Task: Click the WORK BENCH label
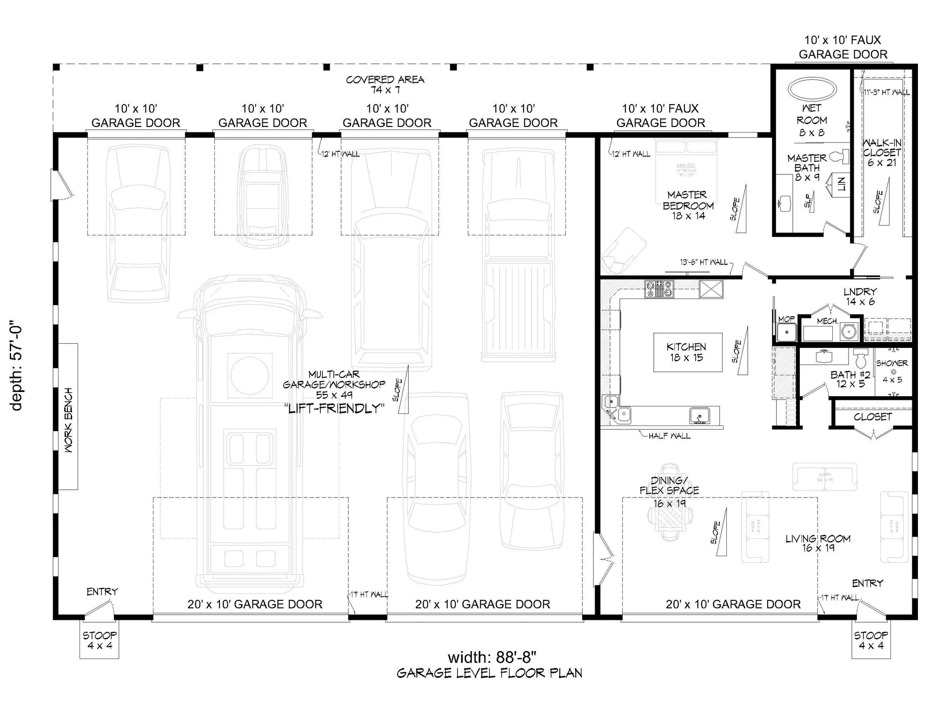pyautogui.click(x=68, y=420)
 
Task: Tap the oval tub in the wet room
pyautogui.click(x=812, y=89)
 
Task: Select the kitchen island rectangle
pyautogui.click(x=688, y=352)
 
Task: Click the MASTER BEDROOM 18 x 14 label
pyautogui.click(x=688, y=205)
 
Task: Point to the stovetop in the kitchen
pyautogui.click(x=659, y=289)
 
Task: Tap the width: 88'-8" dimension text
pyautogui.click(x=492, y=657)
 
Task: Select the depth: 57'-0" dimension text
pyautogui.click(x=17, y=367)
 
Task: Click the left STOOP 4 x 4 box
pyautogui.click(x=99, y=640)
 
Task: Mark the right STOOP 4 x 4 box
pyautogui.click(x=870, y=640)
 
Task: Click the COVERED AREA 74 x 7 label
pyautogui.click(x=385, y=84)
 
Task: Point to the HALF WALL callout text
pyautogui.click(x=669, y=436)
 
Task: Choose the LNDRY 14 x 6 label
pyautogui.click(x=860, y=296)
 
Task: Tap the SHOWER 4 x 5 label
pyautogui.click(x=891, y=371)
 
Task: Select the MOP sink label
pyautogui.click(x=786, y=319)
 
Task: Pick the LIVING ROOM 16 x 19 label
pyautogui.click(x=817, y=543)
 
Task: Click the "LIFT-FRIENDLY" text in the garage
pyautogui.click(x=334, y=408)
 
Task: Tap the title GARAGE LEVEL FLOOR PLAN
pyautogui.click(x=489, y=673)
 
